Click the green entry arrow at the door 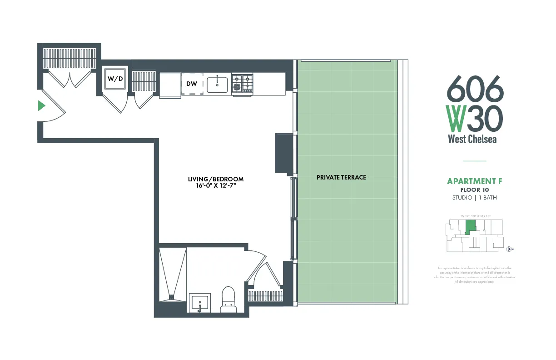[41, 106]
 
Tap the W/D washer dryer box [115, 79]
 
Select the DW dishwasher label [191, 84]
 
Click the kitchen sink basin [217, 85]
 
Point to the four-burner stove [242, 84]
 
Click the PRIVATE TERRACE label [341, 177]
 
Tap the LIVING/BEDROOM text [216, 179]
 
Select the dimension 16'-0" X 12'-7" [216, 186]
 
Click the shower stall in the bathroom [173, 273]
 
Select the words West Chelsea [472, 139]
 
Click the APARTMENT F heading [474, 181]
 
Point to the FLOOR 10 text [474, 190]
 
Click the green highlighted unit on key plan [470, 226]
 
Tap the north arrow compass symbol [509, 249]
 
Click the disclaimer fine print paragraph [474, 275]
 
